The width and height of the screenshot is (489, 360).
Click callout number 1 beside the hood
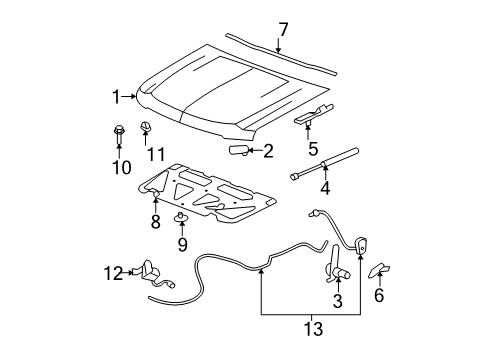tap(116, 96)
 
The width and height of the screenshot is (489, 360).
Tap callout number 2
tap(267, 152)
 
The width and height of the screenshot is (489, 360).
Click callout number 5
tap(313, 150)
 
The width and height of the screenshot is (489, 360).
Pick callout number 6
tap(378, 296)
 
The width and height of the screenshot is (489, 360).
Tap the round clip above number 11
tap(147, 125)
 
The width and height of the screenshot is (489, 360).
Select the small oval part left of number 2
tap(240, 150)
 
